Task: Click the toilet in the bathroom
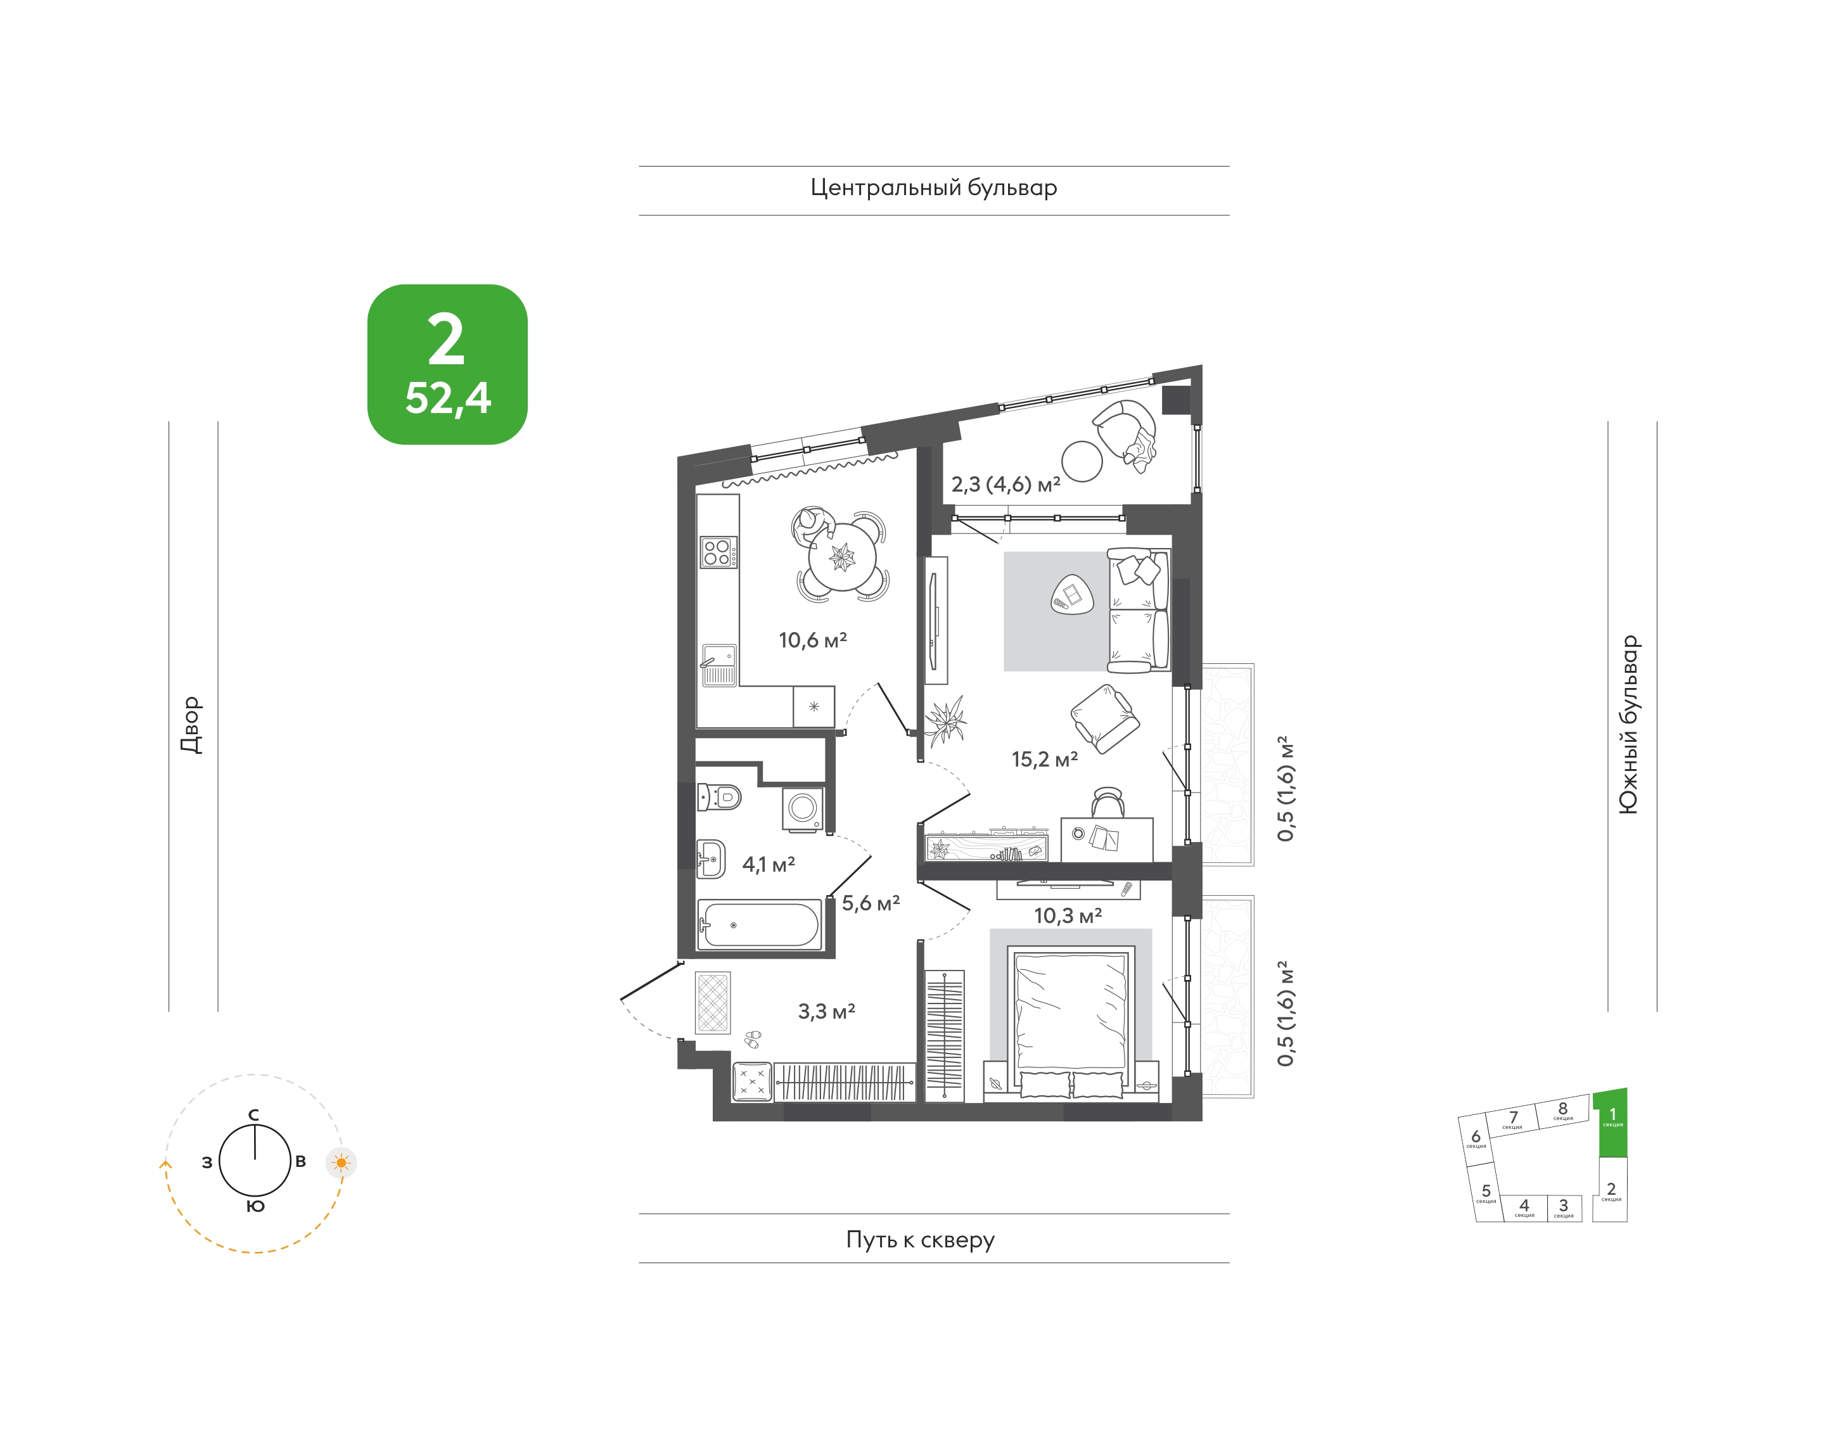click(x=719, y=797)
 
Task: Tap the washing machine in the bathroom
click(x=802, y=810)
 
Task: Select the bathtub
click(x=758, y=924)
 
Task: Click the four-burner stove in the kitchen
click(x=718, y=552)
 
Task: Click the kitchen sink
click(x=718, y=665)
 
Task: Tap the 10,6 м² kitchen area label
click(x=812, y=640)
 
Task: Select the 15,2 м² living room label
click(x=1044, y=760)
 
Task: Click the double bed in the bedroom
click(x=1070, y=1022)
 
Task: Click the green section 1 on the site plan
click(x=1612, y=1123)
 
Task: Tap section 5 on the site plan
click(x=1486, y=1192)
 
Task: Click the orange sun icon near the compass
click(x=341, y=1163)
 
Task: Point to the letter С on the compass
click(x=253, y=1115)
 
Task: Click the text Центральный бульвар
click(x=933, y=188)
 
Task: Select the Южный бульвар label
click(x=1627, y=724)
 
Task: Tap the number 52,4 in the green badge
click(x=447, y=398)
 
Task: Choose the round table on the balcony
click(x=1082, y=461)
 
